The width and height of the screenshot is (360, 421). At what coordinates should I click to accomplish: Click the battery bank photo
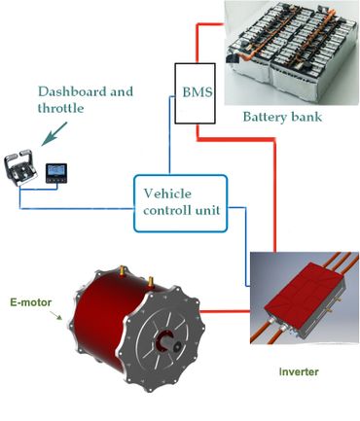[290, 53]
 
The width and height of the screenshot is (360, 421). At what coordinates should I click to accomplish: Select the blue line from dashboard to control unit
[78, 204]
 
